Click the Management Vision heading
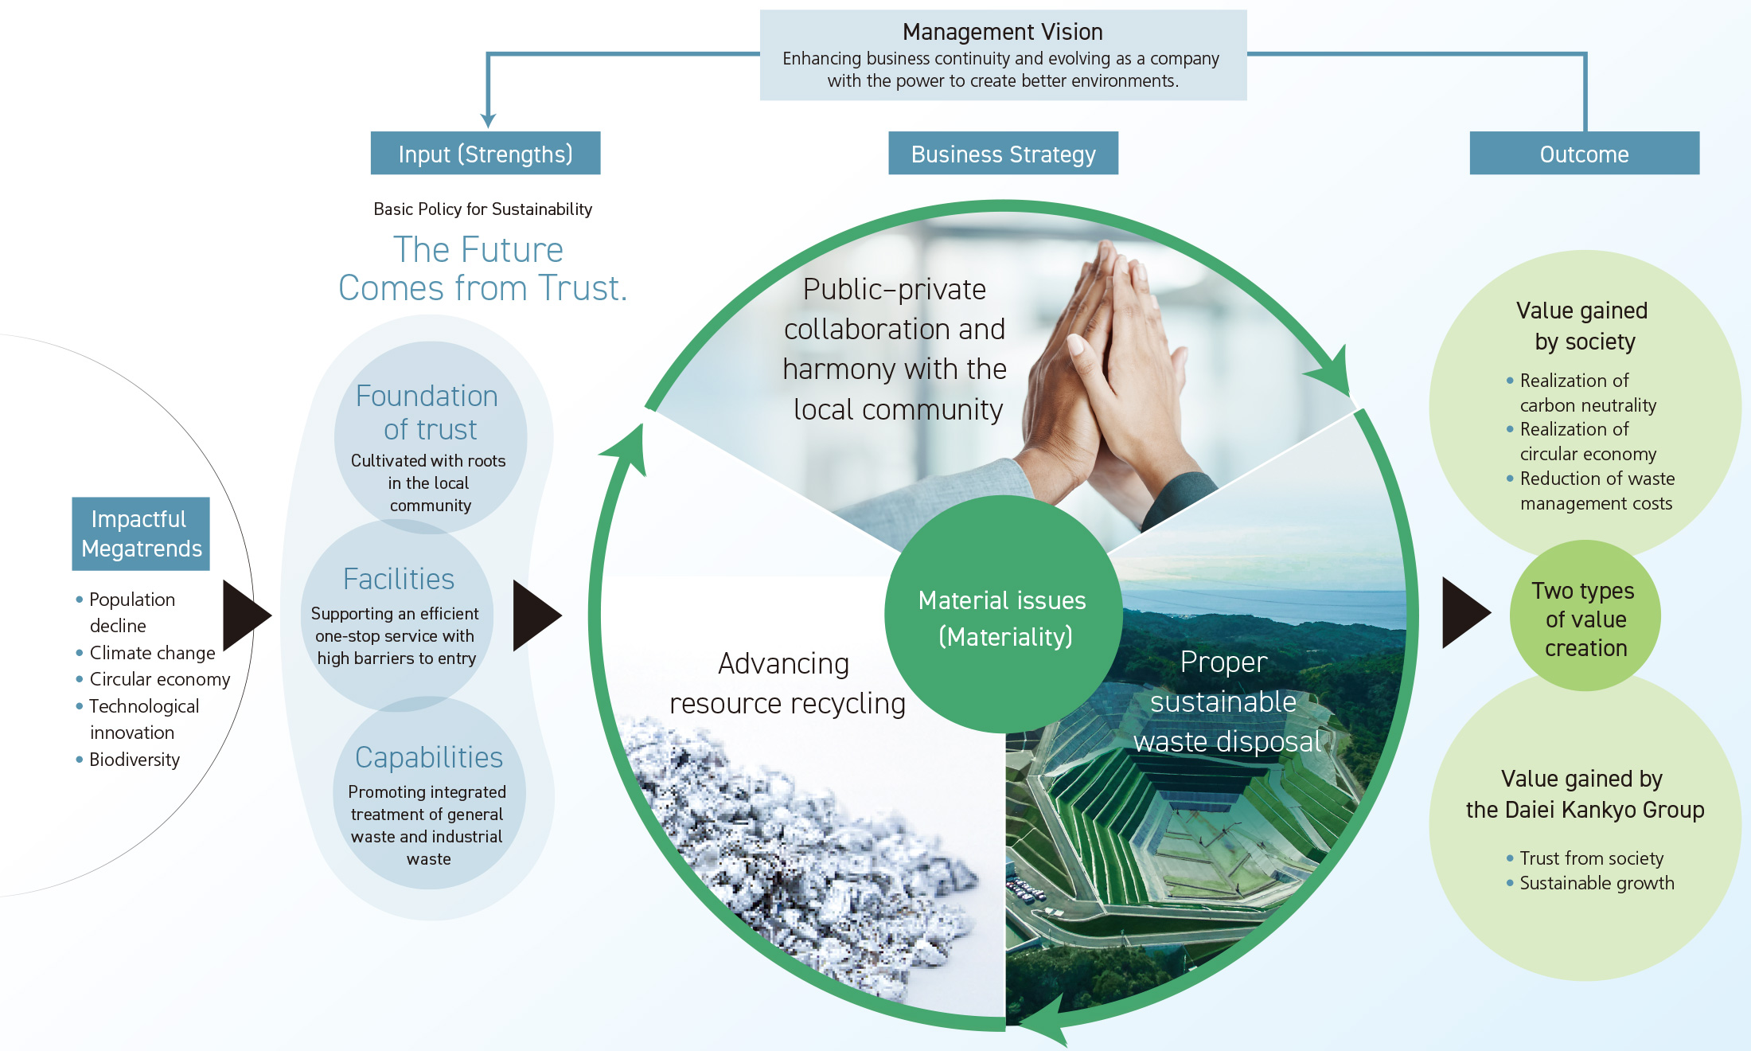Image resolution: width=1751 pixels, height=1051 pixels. [x=1002, y=32]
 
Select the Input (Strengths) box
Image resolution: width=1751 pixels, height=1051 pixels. [x=486, y=154]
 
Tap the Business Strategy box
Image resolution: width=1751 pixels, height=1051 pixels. [x=1003, y=154]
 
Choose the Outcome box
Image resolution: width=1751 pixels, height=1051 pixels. [x=1584, y=154]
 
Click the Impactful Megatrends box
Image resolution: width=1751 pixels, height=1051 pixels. [x=141, y=533]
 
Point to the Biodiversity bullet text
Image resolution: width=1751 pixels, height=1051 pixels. [x=135, y=760]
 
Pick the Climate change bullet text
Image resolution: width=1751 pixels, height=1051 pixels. [x=152, y=653]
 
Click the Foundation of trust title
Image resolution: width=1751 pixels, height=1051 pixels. [x=428, y=412]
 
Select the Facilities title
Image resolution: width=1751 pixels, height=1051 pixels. [x=399, y=579]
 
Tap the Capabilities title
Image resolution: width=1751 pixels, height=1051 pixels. [x=429, y=757]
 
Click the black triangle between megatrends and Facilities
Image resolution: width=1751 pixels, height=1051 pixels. [x=247, y=615]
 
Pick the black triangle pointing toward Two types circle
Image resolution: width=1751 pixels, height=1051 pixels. [x=1465, y=613]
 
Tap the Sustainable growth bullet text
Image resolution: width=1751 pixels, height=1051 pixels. [x=1597, y=883]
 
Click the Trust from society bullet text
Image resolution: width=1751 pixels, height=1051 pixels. [x=1591, y=858]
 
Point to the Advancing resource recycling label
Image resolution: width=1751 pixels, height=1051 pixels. [x=786, y=683]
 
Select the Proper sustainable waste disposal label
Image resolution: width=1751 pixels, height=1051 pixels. [x=1226, y=701]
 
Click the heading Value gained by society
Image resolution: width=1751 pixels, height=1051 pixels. [x=1582, y=326]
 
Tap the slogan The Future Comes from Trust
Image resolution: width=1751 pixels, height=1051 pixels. [x=482, y=269]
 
